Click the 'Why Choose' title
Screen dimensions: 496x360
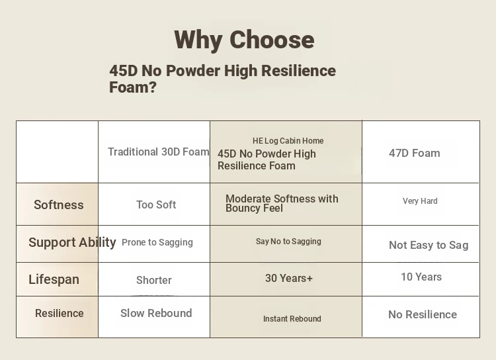244,40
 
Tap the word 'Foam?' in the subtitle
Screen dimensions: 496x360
133,87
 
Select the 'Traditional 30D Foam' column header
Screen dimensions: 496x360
159,152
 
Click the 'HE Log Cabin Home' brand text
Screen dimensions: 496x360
288,140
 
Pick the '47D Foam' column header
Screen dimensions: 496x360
415,154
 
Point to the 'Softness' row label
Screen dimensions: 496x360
59,205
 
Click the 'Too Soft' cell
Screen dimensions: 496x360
156,205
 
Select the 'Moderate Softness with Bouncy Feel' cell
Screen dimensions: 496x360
282,203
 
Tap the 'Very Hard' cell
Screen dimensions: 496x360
420,201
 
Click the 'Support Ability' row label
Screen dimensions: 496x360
72,242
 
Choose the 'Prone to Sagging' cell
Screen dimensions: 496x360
157,242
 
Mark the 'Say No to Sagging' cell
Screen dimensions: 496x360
288,242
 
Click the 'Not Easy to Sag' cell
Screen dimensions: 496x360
429,245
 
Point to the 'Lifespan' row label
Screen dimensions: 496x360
54,279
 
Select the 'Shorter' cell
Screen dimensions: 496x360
154,280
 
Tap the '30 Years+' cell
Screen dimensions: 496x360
289,279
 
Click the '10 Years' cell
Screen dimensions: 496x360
421,277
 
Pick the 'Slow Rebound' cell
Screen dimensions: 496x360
156,313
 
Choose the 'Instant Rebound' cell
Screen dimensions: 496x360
292,319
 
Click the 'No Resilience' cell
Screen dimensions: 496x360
423,315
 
